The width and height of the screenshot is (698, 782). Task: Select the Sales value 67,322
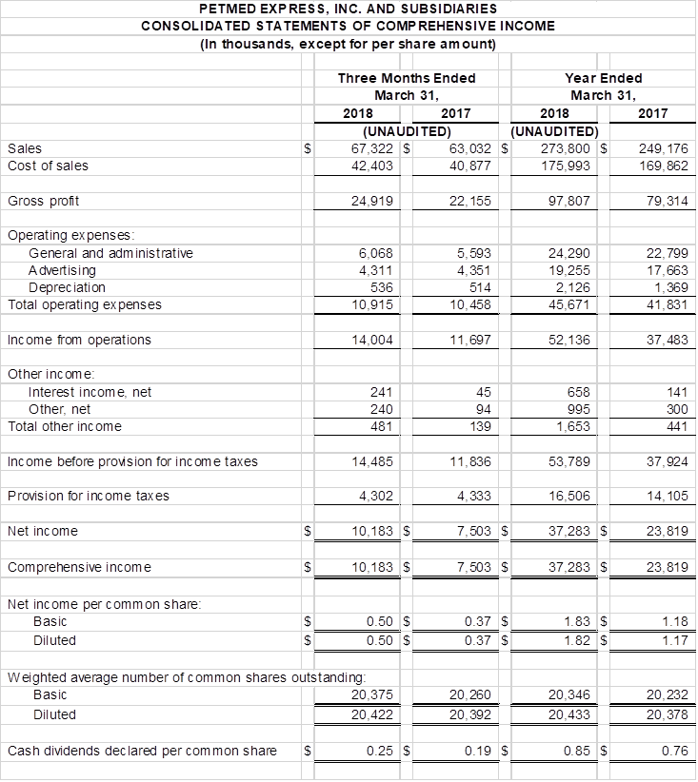point(372,148)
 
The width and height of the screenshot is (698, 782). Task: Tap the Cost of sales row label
point(48,166)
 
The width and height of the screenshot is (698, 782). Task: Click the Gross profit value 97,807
point(570,201)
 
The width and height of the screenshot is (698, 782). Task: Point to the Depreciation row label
point(67,287)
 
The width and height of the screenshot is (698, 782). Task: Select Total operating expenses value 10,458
point(469,304)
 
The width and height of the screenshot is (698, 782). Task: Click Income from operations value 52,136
point(570,340)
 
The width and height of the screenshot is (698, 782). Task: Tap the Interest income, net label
point(90,392)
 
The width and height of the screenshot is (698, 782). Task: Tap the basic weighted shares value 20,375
point(372,696)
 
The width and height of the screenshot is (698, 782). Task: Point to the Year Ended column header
point(603,78)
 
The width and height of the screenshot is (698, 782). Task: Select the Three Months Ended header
point(407,78)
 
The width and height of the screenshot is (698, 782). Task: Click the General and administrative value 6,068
point(375,253)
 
